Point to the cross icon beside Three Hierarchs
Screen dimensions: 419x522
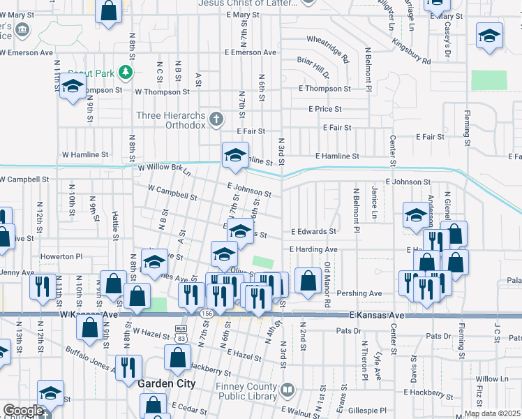tap(216, 119)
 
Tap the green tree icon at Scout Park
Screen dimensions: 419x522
tap(125, 71)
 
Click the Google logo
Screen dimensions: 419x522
tap(22, 410)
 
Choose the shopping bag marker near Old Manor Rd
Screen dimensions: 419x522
tap(308, 281)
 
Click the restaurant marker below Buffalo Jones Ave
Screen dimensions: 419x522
tap(128, 367)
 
